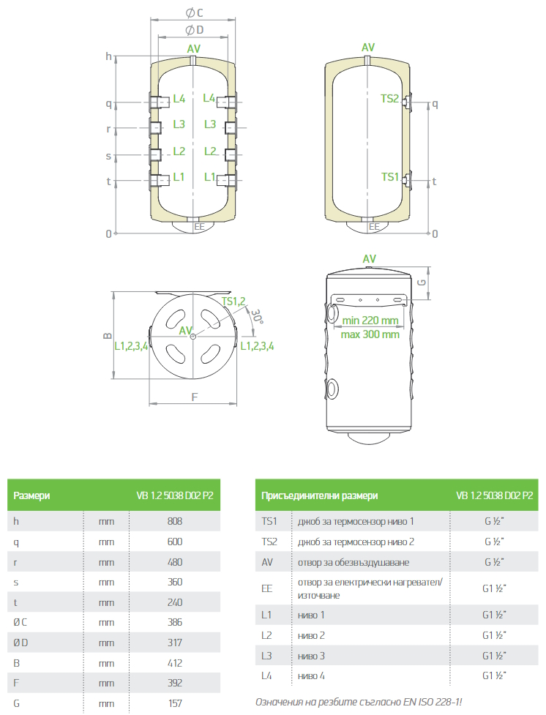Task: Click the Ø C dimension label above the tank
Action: click(x=194, y=12)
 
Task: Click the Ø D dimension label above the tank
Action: click(x=194, y=29)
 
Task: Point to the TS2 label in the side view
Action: click(x=390, y=99)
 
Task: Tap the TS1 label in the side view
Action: click(x=390, y=177)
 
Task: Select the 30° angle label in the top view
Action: click(x=256, y=315)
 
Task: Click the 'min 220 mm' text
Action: click(x=370, y=320)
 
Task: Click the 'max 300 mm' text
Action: click(x=370, y=334)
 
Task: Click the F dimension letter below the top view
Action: click(x=194, y=397)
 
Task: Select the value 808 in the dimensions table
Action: click(x=174, y=521)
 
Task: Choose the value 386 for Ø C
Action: click(x=174, y=622)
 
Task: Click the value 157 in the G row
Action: click(x=174, y=703)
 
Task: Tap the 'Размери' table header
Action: click(x=32, y=495)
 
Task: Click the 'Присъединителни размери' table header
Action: click(x=320, y=495)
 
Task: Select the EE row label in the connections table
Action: click(x=268, y=588)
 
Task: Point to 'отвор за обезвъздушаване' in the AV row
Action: click(x=354, y=562)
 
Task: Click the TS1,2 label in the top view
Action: click(x=234, y=301)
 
